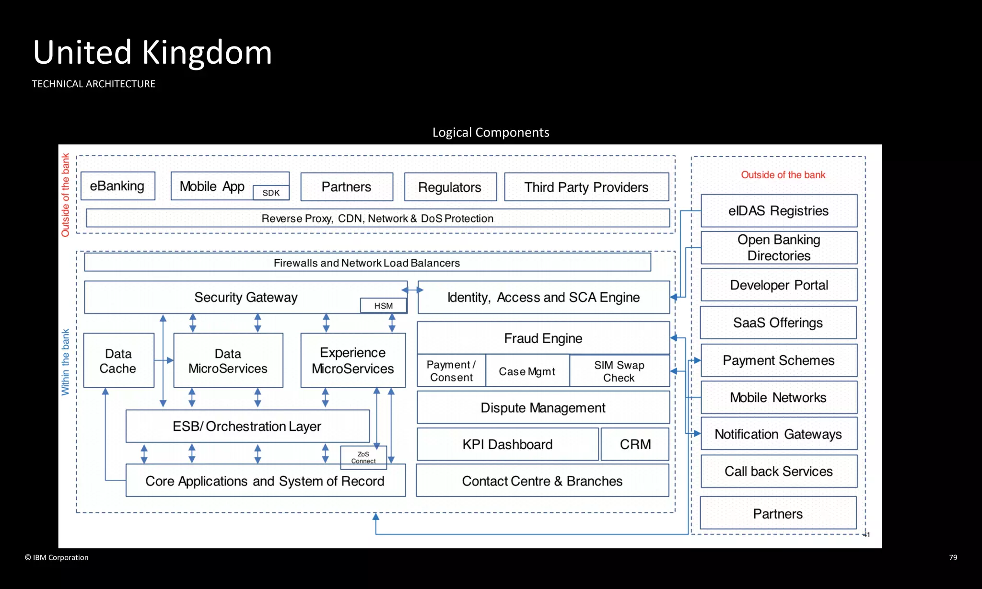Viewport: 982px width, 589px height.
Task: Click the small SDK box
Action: point(271,193)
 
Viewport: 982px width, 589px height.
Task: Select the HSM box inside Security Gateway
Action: point(383,306)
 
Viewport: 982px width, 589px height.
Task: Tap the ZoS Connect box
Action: point(363,457)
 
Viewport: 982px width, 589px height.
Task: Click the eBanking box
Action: point(117,186)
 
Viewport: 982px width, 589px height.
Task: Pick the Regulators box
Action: point(450,187)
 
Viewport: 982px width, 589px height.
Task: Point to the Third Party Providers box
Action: point(586,187)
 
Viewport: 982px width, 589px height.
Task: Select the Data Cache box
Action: point(118,360)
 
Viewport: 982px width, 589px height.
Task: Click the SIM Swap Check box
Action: point(619,371)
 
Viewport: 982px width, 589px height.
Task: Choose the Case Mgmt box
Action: point(527,371)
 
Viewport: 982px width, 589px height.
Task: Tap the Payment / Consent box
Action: point(451,371)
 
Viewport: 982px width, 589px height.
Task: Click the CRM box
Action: point(635,444)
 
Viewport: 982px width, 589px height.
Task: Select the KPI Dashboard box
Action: point(507,444)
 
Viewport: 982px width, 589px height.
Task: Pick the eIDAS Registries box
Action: point(778,211)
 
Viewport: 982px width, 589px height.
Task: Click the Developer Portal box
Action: point(778,285)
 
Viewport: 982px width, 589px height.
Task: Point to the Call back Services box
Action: point(778,471)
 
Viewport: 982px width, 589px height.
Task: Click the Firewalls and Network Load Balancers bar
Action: point(367,263)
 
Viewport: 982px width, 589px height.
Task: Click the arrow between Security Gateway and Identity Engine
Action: point(412,290)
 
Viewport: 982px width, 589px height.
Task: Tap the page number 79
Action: point(953,557)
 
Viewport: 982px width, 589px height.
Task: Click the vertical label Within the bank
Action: point(65,362)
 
